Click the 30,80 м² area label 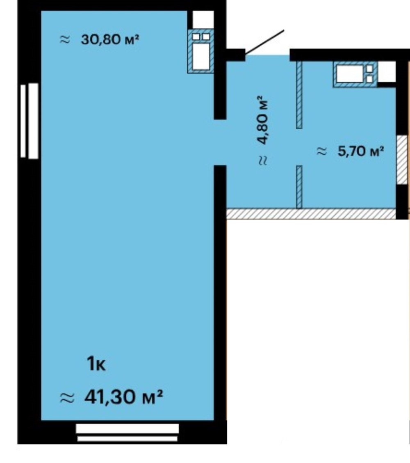point(110,39)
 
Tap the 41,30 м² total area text point(123,397)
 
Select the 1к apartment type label point(96,364)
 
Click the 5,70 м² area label point(361,151)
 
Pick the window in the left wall point(29,121)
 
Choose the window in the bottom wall point(128,433)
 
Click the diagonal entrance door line point(264,43)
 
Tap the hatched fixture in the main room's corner point(200,51)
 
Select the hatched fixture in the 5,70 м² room point(355,74)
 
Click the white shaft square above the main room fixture point(203,20)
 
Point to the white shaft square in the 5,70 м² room point(387,72)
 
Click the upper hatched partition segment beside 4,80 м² point(299,95)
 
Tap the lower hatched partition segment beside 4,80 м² point(299,187)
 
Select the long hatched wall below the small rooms point(311,214)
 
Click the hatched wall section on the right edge point(401,160)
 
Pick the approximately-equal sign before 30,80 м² point(65,39)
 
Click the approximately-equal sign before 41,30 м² point(67,398)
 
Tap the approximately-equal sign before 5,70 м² point(322,151)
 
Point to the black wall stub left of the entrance point(235,55)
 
